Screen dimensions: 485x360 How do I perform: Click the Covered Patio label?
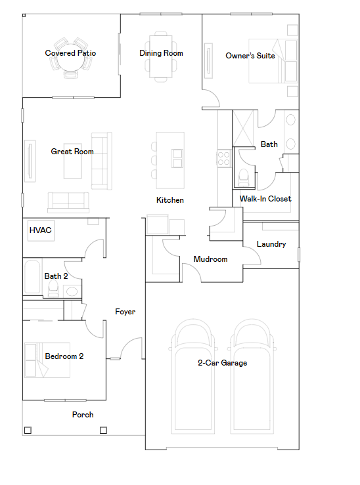point(70,53)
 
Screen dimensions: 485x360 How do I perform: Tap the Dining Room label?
point(161,53)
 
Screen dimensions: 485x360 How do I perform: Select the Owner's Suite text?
point(250,56)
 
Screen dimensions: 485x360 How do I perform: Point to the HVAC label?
point(40,230)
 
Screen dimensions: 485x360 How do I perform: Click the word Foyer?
point(125,312)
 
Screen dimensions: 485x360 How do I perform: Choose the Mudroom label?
point(210,259)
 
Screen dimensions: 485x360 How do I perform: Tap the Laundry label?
point(271,244)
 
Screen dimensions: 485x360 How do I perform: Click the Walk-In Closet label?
point(265,199)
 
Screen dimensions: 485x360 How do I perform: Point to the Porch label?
point(83,415)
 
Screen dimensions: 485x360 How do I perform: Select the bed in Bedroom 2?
point(46,360)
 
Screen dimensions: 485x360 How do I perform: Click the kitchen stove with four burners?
point(224,158)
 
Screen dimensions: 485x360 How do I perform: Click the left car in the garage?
point(193,374)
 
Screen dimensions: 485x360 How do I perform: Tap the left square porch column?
point(27,431)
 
